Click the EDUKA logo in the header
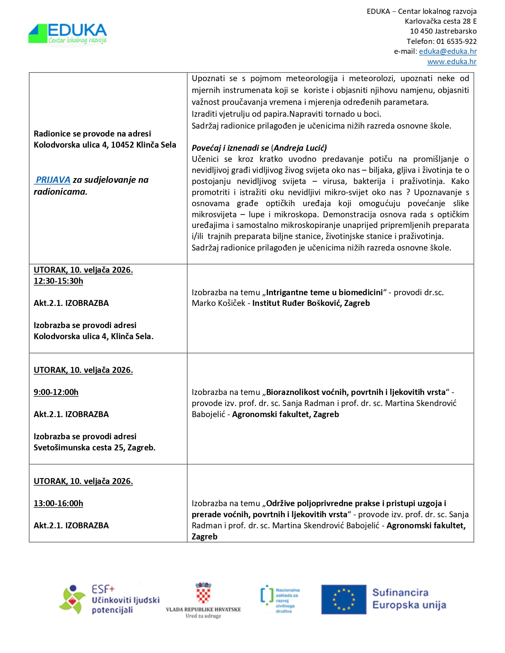(68, 34)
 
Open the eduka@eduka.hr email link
(448, 51)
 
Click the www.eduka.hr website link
(452, 62)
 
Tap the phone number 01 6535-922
(456, 42)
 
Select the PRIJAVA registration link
(53, 180)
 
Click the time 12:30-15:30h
(58, 281)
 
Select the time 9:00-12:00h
(56, 392)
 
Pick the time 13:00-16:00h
(58, 503)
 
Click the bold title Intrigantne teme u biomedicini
(324, 292)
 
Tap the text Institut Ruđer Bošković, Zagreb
(311, 304)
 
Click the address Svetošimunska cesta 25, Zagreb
(94, 448)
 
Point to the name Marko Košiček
(219, 304)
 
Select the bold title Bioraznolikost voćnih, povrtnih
(356, 392)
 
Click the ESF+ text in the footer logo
(103, 589)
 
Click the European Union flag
(343, 600)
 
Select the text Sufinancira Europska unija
(409, 599)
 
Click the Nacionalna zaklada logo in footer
(280, 600)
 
